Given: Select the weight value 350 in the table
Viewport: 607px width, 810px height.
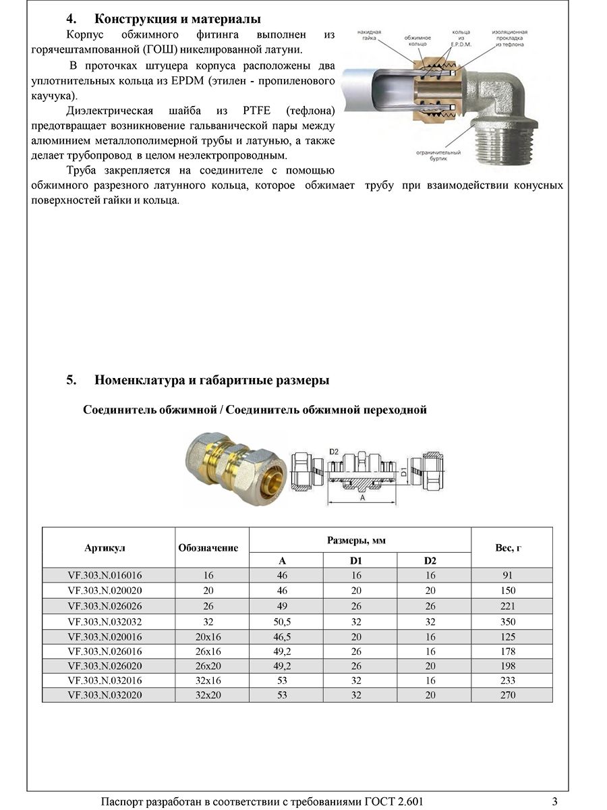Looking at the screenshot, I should [x=508, y=622].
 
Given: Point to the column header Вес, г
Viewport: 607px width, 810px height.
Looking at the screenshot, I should [x=508, y=547].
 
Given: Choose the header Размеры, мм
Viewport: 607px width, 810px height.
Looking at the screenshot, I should [x=356, y=541].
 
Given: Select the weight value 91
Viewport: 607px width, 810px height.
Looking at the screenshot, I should [x=508, y=576].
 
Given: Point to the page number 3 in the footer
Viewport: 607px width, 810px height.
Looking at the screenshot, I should [x=554, y=801].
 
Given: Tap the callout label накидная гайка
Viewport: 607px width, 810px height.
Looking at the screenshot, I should [x=370, y=36].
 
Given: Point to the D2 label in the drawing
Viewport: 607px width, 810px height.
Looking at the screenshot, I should [x=334, y=451].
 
